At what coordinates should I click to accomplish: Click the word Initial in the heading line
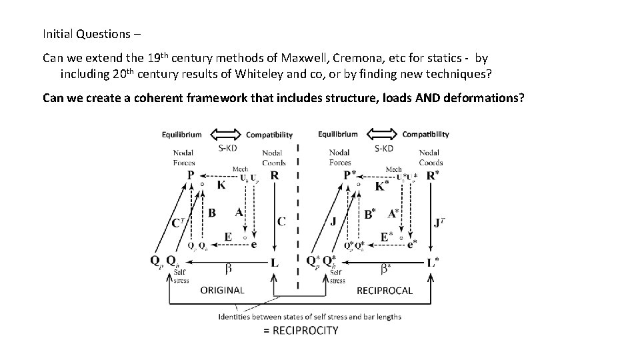pyautogui.click(x=59, y=33)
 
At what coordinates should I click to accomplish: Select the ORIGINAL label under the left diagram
pyautogui.click(x=222, y=290)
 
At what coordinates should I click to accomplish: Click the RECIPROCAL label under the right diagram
pyautogui.click(x=385, y=290)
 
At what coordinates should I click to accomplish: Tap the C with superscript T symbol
pyautogui.click(x=179, y=223)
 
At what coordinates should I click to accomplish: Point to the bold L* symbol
pyautogui.click(x=433, y=263)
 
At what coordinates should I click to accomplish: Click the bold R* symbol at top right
pyautogui.click(x=433, y=175)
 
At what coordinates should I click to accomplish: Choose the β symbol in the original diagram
pyautogui.click(x=229, y=268)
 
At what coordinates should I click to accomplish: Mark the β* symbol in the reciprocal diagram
pyautogui.click(x=385, y=268)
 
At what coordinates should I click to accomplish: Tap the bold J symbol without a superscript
pyautogui.click(x=333, y=221)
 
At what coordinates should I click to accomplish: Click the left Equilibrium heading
pyautogui.click(x=181, y=134)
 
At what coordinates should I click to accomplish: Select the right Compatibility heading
pyautogui.click(x=425, y=134)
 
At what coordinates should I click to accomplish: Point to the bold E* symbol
pyautogui.click(x=386, y=237)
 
